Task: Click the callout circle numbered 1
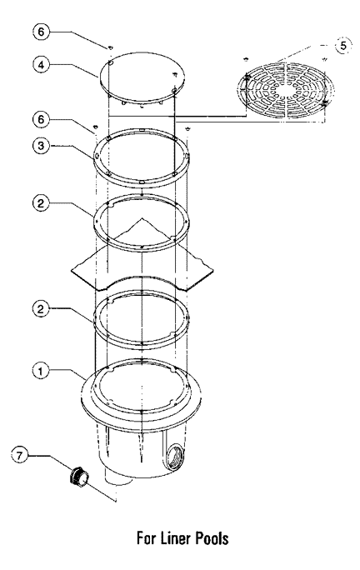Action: [x=41, y=372]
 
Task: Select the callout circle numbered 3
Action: [x=41, y=145]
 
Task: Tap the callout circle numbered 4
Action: [x=41, y=65]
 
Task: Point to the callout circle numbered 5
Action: [x=342, y=46]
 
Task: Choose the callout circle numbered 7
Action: [x=19, y=456]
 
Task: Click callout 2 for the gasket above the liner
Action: [x=41, y=202]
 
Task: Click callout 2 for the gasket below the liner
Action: [x=41, y=308]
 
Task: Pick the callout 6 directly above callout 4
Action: [x=41, y=32]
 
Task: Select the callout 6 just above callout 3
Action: [x=41, y=119]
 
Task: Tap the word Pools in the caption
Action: [x=212, y=538]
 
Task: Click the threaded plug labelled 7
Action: [x=79, y=476]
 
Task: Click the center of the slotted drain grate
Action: [x=286, y=91]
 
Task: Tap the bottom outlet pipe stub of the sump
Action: [x=118, y=479]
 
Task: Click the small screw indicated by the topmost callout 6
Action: [x=110, y=47]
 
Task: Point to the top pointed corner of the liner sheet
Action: [x=142, y=218]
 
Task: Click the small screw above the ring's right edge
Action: [x=187, y=128]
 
